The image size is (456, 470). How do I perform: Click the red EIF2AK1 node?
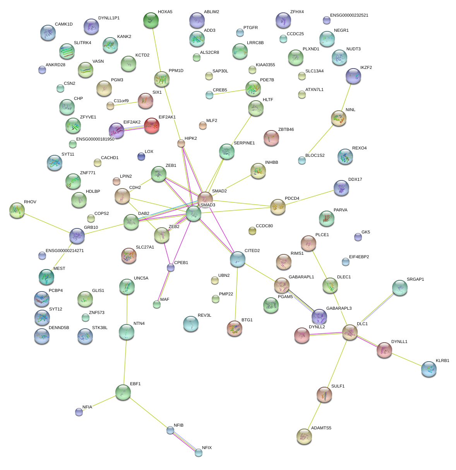(x=151, y=125)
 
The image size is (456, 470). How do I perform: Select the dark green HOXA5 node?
(x=151, y=20)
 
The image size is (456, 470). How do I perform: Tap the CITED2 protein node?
(x=237, y=259)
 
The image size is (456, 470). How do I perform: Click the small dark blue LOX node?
(x=141, y=156)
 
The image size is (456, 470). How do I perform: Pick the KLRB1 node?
(x=429, y=369)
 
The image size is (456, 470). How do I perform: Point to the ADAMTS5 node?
(x=304, y=436)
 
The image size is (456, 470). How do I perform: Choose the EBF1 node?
(x=123, y=392)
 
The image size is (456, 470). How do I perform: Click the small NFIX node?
(x=199, y=452)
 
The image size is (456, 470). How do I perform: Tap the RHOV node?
(x=17, y=210)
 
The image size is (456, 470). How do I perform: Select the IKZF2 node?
(x=353, y=76)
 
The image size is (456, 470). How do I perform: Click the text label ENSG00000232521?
(x=349, y=15)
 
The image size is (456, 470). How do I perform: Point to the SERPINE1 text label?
(x=244, y=143)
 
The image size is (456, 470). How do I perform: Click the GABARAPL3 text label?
(x=339, y=309)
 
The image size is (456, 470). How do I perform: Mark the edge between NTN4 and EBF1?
(x=125, y=358)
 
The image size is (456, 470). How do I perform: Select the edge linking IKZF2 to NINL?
(x=346, y=97)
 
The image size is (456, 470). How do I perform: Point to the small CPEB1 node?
(x=171, y=268)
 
